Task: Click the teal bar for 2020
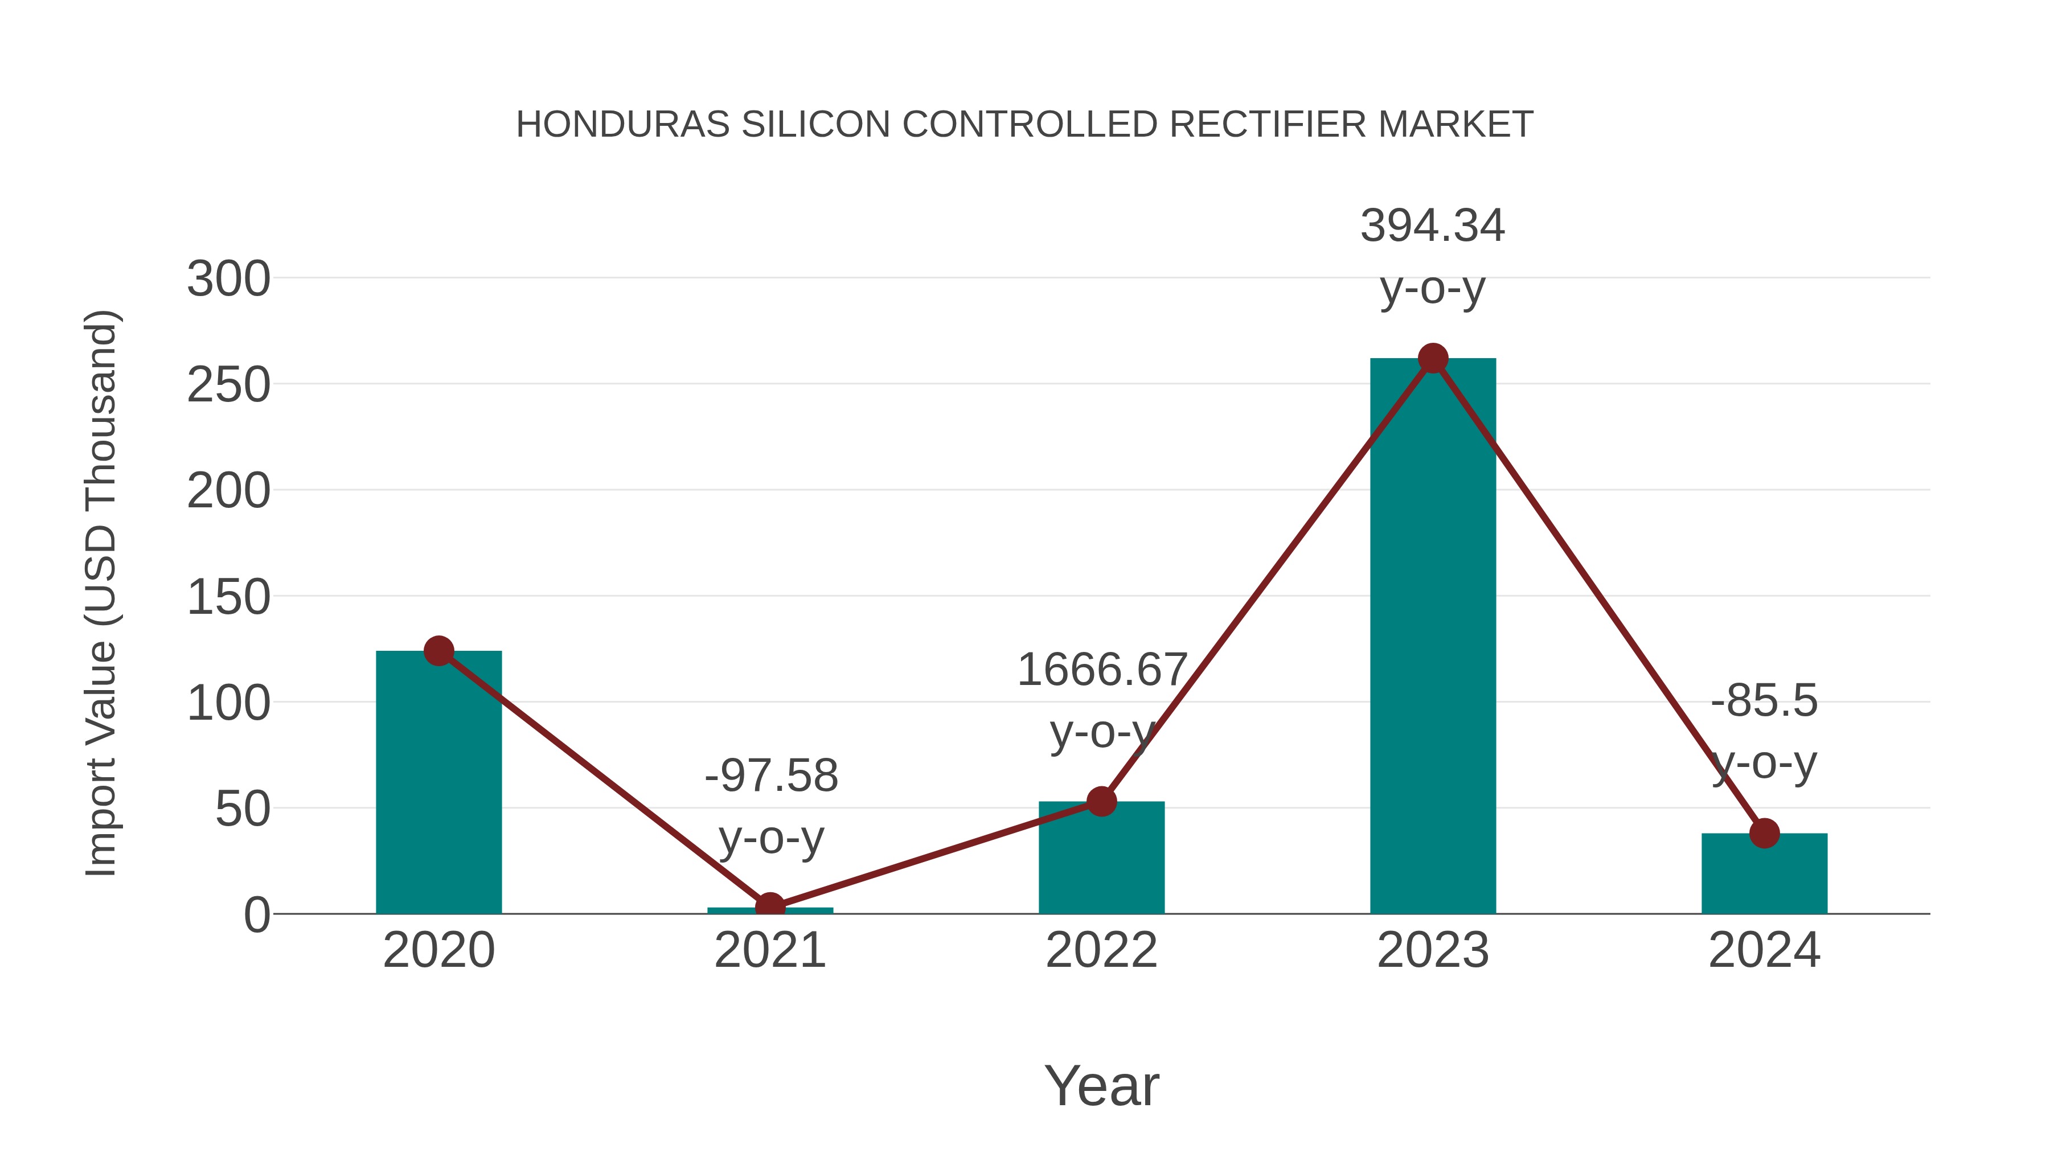(438, 784)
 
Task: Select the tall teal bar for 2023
(1433, 637)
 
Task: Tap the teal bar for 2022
(1101, 859)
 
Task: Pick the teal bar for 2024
(1764, 875)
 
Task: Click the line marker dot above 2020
(438, 651)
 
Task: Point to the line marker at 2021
(769, 906)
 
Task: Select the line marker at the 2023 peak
(1433, 359)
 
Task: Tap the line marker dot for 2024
(1764, 833)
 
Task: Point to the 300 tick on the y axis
(228, 280)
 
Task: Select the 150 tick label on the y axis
(228, 598)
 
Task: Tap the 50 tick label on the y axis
(243, 810)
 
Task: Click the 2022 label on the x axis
(1101, 950)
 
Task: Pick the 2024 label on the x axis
(1764, 950)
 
